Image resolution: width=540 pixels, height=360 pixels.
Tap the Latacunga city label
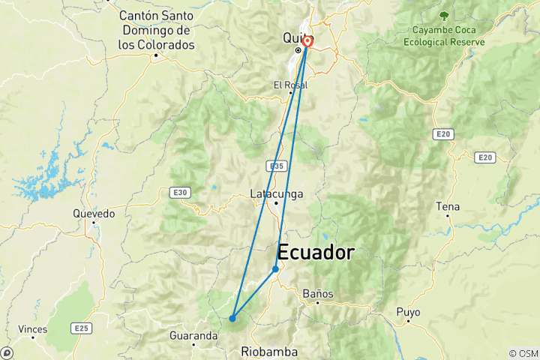pyautogui.click(x=276, y=194)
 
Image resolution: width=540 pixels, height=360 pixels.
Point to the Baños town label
pyautogui.click(x=319, y=294)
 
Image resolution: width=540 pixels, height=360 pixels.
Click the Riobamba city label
pyautogui.click(x=269, y=351)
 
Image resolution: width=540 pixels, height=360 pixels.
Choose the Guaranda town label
pyautogui.click(x=193, y=335)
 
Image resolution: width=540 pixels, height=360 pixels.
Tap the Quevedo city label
pyautogui.click(x=94, y=214)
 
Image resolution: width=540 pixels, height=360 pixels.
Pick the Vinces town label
pyautogui.click(x=33, y=329)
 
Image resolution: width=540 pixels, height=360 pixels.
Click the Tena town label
pyautogui.click(x=448, y=206)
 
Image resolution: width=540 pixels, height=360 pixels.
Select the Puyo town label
pyautogui.click(x=409, y=312)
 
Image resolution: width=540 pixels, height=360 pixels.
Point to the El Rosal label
pyautogui.click(x=290, y=85)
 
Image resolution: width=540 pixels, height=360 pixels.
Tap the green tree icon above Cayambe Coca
pyautogui.click(x=445, y=14)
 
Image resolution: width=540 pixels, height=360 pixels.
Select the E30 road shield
pyautogui.click(x=180, y=193)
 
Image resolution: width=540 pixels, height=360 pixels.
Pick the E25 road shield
pyautogui.click(x=81, y=328)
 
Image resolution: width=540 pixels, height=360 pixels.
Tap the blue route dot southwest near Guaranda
pyautogui.click(x=232, y=318)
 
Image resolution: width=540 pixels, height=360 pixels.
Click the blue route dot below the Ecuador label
pyautogui.click(x=275, y=268)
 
